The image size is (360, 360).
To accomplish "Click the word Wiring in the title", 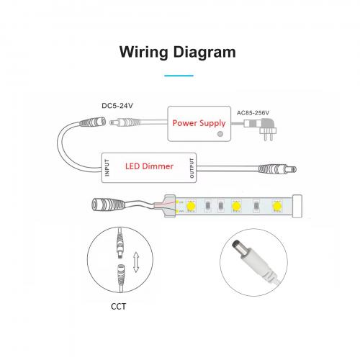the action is tap(143, 53).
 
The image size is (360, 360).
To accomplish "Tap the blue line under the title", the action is tap(179, 76).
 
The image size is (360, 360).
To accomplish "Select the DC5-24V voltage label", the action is tap(117, 106).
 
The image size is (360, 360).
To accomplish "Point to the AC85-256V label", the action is tap(253, 113).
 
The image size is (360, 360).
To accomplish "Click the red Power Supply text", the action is tap(199, 123).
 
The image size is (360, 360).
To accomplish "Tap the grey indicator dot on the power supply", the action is tap(220, 134).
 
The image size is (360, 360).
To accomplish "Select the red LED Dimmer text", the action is tap(149, 166).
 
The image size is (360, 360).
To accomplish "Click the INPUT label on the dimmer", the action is tap(107, 168).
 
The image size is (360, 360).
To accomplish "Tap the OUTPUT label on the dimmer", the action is tap(192, 168).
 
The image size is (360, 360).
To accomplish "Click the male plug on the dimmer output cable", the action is tap(277, 169).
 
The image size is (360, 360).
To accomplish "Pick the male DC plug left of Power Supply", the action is tap(125, 122).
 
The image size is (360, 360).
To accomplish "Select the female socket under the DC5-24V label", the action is tap(93, 122).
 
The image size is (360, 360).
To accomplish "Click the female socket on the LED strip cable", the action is tap(109, 204).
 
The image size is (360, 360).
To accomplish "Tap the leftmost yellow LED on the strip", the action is tap(191, 206).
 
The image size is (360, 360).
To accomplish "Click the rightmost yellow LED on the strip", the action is tap(276, 206).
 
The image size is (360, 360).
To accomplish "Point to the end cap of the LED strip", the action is tap(297, 206).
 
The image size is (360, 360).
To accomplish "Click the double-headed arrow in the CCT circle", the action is tap(136, 262).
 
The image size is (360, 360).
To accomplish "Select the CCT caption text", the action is tap(118, 307).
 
